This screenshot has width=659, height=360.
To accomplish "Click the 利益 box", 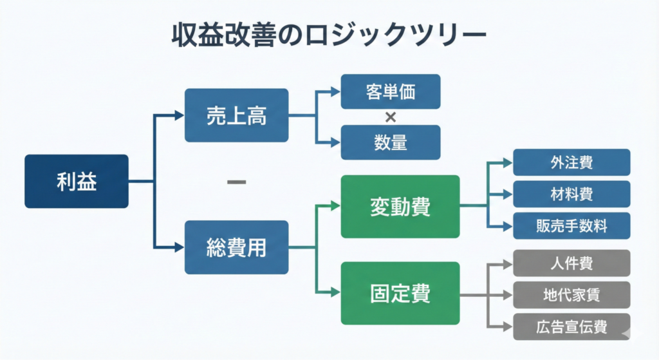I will pos(76,182).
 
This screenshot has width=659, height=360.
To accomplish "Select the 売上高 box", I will pos(236,115).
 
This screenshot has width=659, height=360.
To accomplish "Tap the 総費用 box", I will pos(236,247).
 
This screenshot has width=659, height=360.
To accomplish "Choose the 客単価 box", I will pos(391,91).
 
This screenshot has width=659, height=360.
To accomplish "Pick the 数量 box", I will pos(391,142).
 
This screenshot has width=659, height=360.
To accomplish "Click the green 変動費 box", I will pos(400,206).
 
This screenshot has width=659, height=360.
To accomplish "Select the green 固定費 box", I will pos(400,293).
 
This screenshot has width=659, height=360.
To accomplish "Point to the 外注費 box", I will pos(571,162).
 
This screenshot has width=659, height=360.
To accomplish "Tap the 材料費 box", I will pos(571,194).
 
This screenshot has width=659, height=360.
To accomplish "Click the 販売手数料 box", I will pos(571,225).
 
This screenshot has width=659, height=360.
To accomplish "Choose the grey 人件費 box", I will pos(571,263).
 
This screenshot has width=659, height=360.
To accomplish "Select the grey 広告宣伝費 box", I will pos(571,327).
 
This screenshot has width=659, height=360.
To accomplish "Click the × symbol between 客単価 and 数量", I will pos(390,117).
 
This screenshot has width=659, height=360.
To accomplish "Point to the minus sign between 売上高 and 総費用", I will pos(237,182).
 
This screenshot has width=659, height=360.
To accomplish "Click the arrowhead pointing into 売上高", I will pos(180,116).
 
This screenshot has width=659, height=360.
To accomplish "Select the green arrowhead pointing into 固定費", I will pos(335,293).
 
